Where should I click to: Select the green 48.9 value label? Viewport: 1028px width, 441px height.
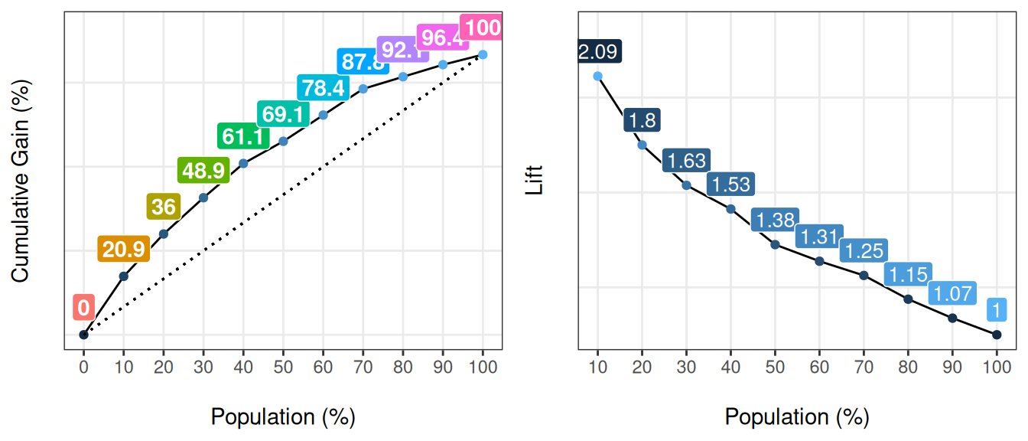tap(203, 171)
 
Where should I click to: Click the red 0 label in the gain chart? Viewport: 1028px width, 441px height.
tap(83, 308)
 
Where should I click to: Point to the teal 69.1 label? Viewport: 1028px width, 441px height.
tap(283, 115)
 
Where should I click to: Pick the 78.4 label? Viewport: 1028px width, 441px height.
tap(323, 88)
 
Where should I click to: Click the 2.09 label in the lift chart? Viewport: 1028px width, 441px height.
tap(600, 52)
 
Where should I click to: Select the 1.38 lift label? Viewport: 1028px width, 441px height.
tap(775, 220)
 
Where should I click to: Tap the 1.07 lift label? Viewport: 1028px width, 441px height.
tap(952, 293)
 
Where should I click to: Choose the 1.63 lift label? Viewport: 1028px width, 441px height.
tap(686, 162)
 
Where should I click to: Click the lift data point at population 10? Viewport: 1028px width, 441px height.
tap(597, 76)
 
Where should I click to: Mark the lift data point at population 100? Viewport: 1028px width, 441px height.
tap(997, 335)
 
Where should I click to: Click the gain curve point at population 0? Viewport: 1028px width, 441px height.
tap(84, 335)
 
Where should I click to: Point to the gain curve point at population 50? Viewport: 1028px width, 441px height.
tap(283, 142)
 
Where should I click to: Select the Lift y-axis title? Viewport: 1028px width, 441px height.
tap(535, 181)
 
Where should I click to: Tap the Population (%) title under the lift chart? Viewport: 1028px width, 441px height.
tap(797, 417)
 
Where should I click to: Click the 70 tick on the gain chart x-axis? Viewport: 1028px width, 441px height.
tap(363, 367)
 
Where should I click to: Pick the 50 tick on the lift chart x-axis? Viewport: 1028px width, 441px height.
tap(775, 367)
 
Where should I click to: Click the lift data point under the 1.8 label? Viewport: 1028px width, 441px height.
tap(642, 145)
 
